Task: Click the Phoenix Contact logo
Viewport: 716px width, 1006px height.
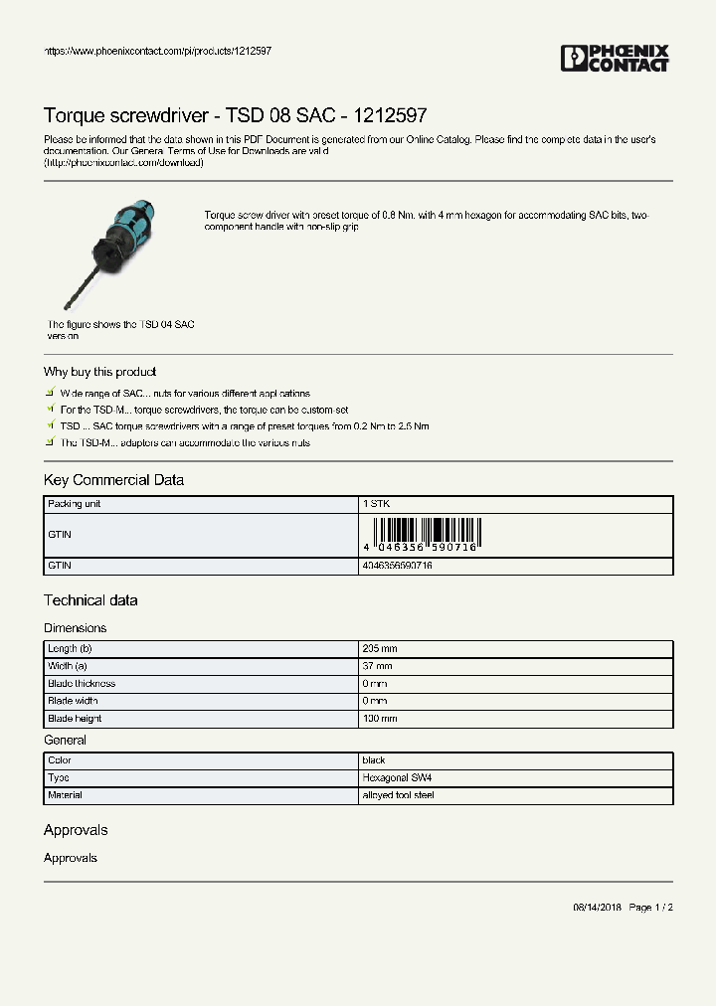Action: tap(615, 59)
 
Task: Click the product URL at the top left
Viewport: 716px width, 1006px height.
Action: tap(158, 51)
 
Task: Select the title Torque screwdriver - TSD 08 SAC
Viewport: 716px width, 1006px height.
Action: tap(236, 115)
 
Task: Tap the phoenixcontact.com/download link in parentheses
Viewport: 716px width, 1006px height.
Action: tap(124, 162)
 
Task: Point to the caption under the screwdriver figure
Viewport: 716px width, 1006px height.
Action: tap(120, 330)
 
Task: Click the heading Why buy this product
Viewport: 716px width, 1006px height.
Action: tap(99, 372)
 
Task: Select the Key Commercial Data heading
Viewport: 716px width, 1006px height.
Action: tap(113, 480)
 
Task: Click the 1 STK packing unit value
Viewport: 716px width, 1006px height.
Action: tap(377, 504)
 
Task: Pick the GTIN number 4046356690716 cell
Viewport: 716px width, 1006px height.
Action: tap(397, 566)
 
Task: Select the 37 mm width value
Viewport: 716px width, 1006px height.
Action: tap(377, 666)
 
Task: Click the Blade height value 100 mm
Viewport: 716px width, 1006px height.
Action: tap(380, 719)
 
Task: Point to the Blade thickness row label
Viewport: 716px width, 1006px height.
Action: tap(82, 684)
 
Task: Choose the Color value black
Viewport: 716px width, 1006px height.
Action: tap(374, 760)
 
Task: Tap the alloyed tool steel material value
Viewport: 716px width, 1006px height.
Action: tap(398, 795)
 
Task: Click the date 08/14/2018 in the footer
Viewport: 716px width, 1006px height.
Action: tap(597, 908)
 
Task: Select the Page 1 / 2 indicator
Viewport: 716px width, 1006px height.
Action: tap(651, 908)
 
